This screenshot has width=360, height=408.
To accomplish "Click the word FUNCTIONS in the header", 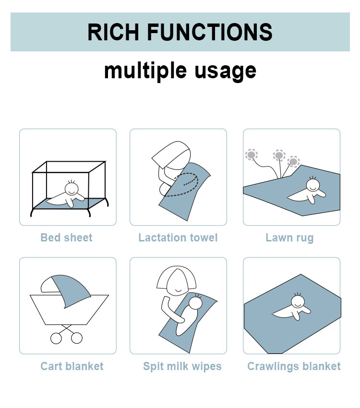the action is [210, 32].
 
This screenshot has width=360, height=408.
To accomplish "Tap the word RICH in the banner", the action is [113, 32].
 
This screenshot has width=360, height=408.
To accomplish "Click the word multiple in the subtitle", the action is [145, 71].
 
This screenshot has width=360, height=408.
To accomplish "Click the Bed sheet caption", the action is [67, 238].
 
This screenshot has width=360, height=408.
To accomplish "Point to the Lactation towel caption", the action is [178, 238].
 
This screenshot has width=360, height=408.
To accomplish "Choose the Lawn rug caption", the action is [289, 238].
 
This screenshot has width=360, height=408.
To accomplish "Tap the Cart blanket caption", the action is [72, 366].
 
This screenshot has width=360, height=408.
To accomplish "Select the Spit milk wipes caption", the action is [182, 367].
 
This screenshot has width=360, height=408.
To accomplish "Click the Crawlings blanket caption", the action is [294, 367].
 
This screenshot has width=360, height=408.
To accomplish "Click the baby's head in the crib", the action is [72, 188].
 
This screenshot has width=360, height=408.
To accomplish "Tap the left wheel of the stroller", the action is [56, 338].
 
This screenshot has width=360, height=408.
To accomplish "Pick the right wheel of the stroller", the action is [77, 338].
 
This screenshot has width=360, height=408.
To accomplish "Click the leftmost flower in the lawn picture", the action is [251, 155].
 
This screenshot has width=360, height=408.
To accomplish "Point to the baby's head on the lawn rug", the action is [313, 184].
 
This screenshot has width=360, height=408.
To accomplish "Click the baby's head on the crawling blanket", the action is [298, 301].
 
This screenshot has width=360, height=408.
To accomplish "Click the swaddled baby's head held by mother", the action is [196, 303].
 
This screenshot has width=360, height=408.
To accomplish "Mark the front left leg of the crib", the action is [32, 212].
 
